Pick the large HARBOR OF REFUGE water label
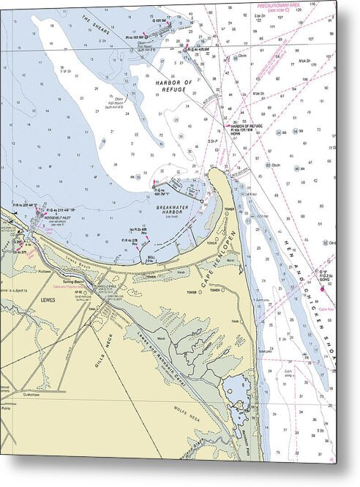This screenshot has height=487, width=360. pyautogui.click(x=173, y=87)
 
